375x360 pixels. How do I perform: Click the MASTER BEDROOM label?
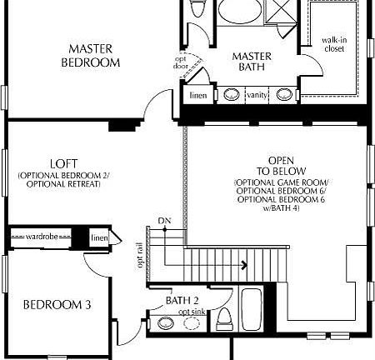coord(92,56)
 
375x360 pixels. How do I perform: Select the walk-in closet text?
coord(335,44)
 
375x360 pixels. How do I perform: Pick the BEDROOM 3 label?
coord(57,305)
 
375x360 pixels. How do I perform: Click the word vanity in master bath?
coord(257,95)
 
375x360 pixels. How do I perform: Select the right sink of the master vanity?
coord(285,95)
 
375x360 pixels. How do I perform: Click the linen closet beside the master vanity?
coord(198,96)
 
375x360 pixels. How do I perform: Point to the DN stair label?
coord(164,221)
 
